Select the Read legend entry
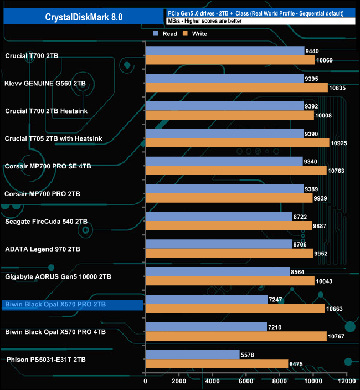pos(167,34)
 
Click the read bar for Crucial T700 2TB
pos(224,51)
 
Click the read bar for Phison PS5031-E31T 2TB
pos(192,355)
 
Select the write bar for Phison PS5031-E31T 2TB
pos(217,364)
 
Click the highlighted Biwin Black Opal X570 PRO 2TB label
pos(55,305)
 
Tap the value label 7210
pos(276,327)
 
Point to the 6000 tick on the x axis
pos(246,382)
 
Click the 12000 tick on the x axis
pos(346,382)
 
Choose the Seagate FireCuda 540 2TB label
pos(46,222)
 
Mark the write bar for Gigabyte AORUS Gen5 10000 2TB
pos(229,281)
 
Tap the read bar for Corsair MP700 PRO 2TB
pos(224,189)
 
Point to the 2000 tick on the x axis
pos(179,382)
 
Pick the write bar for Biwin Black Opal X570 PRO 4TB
pos(236,336)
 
